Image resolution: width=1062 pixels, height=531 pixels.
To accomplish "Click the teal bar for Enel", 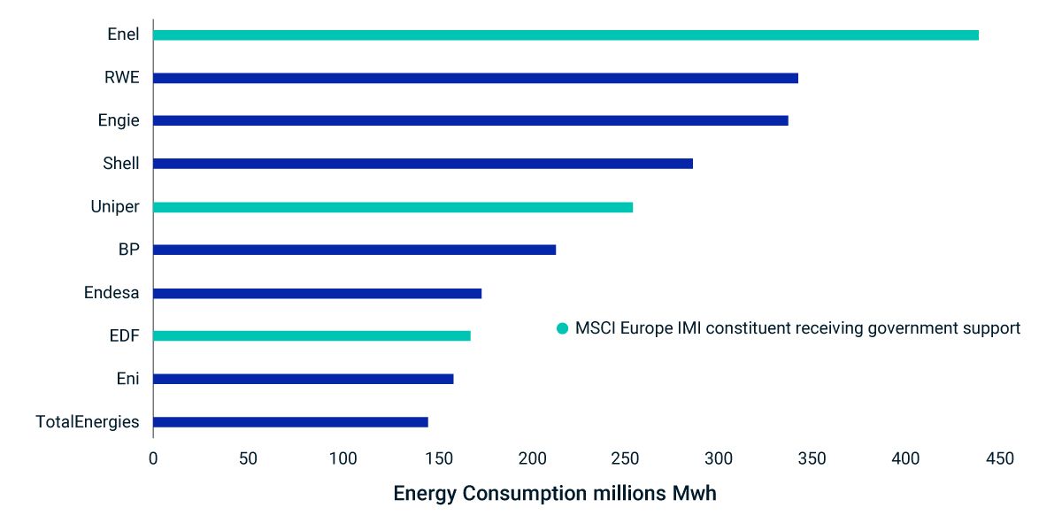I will click(x=566, y=35).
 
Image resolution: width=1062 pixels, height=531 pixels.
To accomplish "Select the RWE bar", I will click(x=475, y=78).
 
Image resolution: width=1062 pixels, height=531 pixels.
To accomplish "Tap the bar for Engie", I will click(x=470, y=120).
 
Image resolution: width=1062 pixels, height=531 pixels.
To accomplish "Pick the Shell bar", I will click(x=423, y=164).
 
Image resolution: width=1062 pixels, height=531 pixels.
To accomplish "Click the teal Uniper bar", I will click(x=393, y=207).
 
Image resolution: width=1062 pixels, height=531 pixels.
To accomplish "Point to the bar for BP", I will click(x=354, y=250).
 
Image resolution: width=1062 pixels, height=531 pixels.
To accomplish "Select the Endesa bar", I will click(x=317, y=293).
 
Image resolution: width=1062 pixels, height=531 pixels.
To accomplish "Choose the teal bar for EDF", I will click(x=312, y=335).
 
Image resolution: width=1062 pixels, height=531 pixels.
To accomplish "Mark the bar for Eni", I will click(x=303, y=379).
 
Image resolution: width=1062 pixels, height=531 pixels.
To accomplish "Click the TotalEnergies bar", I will click(x=290, y=422).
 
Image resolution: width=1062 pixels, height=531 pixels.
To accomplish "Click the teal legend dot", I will click(x=562, y=328).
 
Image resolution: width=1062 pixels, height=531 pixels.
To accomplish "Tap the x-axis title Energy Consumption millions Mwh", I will click(x=554, y=494).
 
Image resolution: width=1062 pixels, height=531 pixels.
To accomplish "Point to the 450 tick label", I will click(x=1000, y=458).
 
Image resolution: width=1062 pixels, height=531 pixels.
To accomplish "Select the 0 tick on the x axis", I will click(x=153, y=458).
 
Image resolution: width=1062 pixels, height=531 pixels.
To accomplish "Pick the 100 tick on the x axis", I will click(x=342, y=458).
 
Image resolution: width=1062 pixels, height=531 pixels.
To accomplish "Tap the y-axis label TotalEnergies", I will click(x=88, y=422).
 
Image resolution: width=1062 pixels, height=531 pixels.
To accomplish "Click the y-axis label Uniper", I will click(x=115, y=207).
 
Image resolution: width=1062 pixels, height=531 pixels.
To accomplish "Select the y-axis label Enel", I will click(x=123, y=35).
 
